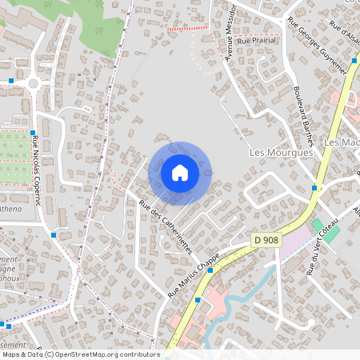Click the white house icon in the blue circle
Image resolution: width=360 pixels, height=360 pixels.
pyautogui.click(x=179, y=173)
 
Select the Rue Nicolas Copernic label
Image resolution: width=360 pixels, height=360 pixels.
pyautogui.click(x=37, y=170)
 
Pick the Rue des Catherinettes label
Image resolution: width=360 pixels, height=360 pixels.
pyautogui.click(x=166, y=227)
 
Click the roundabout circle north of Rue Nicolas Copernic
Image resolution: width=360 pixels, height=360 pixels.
pyautogui.click(x=33, y=82)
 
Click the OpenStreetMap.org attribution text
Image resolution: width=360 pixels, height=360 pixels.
pyautogui.click(x=104, y=354)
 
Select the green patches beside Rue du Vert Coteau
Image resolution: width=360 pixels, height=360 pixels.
pyautogui.click(x=326, y=227)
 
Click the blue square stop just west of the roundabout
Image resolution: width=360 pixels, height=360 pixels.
pyautogui.click(x=11, y=81)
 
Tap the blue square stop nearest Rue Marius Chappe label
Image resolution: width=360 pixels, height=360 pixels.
pyautogui.click(x=210, y=270)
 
